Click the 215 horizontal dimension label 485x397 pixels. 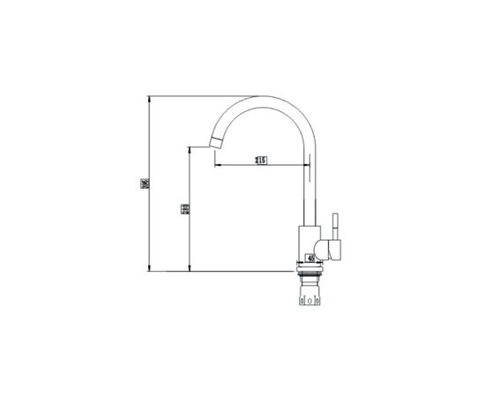(x=261, y=161)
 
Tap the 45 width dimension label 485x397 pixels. (x=310, y=258)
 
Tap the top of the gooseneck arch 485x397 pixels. (x=265, y=96)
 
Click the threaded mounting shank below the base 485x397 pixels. (x=310, y=282)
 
